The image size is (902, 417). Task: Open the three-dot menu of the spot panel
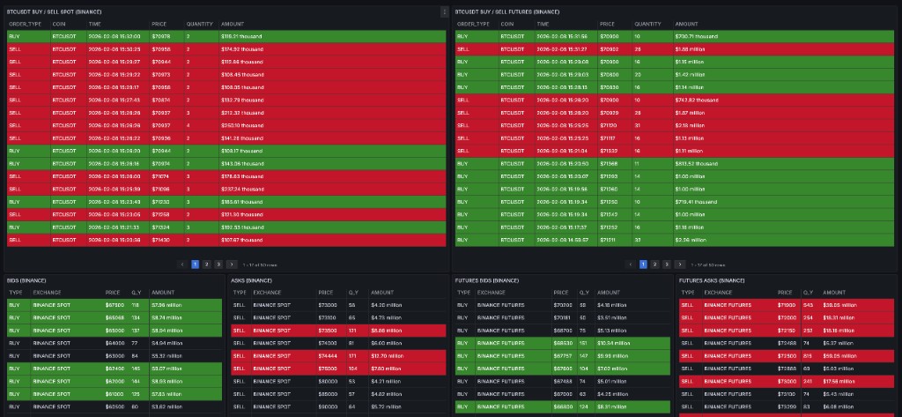click(x=444, y=11)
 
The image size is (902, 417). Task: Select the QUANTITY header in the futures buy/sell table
click(x=647, y=24)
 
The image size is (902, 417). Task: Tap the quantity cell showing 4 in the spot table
click(x=189, y=125)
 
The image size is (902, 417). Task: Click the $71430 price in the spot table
click(x=160, y=239)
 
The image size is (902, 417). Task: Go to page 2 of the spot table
click(x=206, y=264)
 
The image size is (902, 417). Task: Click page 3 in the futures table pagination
click(x=666, y=264)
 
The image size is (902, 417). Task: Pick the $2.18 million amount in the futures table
click(x=688, y=125)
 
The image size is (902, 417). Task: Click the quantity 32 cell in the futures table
click(x=637, y=239)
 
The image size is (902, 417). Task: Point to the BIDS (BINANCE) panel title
click(x=26, y=280)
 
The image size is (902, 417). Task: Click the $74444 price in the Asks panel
click(x=327, y=355)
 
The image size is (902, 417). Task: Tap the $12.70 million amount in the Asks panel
click(x=387, y=355)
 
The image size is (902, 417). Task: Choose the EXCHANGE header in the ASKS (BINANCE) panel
click(x=267, y=292)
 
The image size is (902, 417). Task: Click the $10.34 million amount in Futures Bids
click(x=613, y=343)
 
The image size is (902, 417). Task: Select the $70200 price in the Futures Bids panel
click(x=562, y=305)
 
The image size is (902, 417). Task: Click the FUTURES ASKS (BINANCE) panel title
click(x=713, y=280)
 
